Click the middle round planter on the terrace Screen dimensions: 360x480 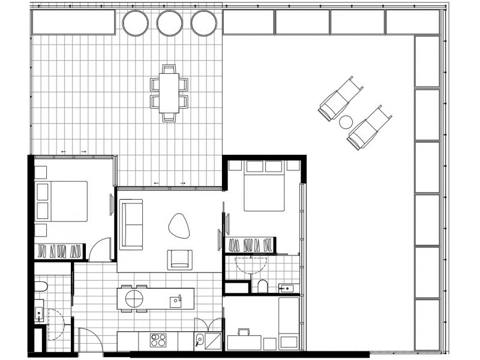169,23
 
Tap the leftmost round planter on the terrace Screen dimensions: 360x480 135,23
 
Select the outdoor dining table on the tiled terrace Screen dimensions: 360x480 169,92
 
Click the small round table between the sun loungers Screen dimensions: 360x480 346,122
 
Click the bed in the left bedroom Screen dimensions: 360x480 62,201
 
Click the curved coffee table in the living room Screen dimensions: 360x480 179,225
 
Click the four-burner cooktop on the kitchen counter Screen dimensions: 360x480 158,340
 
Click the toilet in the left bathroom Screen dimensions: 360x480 40,287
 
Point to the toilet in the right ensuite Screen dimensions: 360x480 262,286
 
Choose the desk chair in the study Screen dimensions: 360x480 244,333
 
